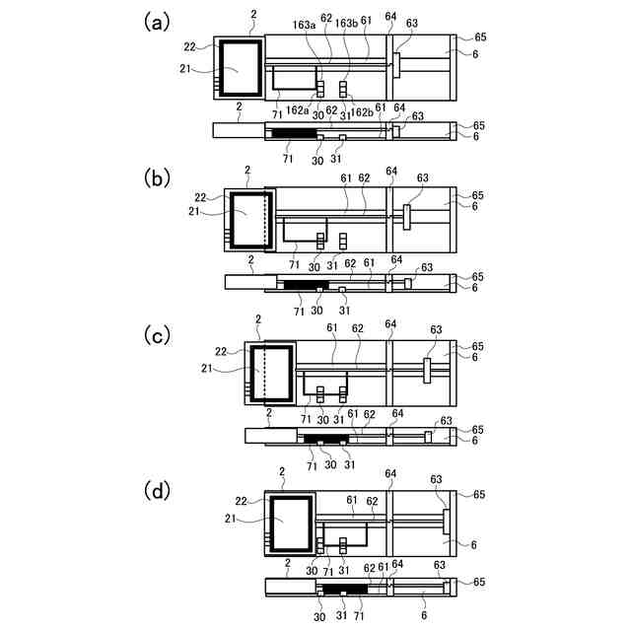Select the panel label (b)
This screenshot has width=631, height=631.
(159, 178)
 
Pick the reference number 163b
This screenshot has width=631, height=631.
(346, 21)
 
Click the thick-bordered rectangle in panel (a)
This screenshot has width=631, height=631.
(241, 68)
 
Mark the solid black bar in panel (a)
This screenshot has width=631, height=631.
(294, 132)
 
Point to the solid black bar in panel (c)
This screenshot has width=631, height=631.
(326, 437)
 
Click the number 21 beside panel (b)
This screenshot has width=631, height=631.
(194, 211)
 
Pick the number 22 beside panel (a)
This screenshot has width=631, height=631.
(189, 46)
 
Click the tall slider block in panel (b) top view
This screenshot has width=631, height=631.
(406, 216)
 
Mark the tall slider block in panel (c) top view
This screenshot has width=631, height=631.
(428, 371)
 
